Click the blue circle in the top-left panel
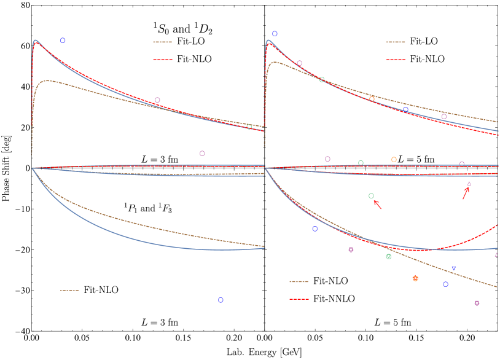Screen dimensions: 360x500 point(63,41)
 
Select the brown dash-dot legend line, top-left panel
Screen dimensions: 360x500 point(162,42)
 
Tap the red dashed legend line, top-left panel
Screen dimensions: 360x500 point(162,60)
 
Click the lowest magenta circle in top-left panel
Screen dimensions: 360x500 point(202,154)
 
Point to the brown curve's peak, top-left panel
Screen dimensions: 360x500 point(47,80)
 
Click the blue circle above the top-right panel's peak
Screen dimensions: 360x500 point(275,34)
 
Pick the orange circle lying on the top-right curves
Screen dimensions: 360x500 point(372,99)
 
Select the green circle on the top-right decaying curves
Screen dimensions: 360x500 point(321,80)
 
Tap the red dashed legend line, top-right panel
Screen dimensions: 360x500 point(396,60)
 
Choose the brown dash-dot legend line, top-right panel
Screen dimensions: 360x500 point(396,42)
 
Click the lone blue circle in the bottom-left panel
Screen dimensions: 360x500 point(221,300)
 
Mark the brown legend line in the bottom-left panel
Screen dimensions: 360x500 point(69,291)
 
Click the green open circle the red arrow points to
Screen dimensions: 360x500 point(371,196)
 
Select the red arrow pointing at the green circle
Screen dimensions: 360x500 point(378,205)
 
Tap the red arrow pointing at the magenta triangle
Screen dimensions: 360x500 point(466,193)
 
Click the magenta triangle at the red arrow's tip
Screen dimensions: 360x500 point(469,184)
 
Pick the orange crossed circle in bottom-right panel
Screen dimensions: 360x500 point(415,278)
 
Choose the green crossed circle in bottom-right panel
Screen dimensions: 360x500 point(388,257)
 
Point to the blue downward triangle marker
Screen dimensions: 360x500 point(453,269)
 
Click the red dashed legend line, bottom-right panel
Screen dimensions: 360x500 point(299,299)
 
